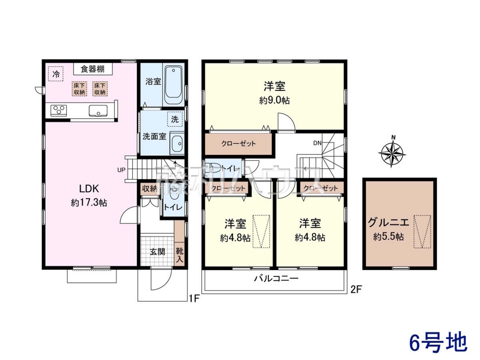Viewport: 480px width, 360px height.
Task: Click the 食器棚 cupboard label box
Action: coord(93,69)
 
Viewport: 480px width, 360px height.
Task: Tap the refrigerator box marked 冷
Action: coord(56,74)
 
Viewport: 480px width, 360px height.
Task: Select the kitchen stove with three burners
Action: coord(59,110)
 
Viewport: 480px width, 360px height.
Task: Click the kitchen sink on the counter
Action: coord(98,111)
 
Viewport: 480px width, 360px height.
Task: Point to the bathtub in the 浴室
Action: coord(174,85)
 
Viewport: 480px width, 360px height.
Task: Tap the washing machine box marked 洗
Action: coord(175,119)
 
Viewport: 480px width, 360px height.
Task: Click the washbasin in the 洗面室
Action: coord(177,143)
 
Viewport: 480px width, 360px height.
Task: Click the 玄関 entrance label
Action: coord(157,252)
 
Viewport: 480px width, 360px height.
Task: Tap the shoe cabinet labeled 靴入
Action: coord(179,255)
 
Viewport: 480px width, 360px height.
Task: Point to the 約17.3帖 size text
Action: coord(89,203)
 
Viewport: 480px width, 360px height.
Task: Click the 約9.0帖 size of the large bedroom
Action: coord(274,100)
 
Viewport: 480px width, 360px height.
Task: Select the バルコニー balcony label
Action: coord(276,279)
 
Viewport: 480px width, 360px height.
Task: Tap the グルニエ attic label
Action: coord(388,223)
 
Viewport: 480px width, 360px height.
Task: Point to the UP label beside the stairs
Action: coord(121,170)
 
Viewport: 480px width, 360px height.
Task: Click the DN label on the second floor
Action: coord(317,143)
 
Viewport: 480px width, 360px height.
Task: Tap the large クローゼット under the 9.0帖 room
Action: coord(238,144)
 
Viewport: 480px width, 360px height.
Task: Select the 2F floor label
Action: coord(356,290)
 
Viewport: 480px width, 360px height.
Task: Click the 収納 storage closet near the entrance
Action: coord(150,188)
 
